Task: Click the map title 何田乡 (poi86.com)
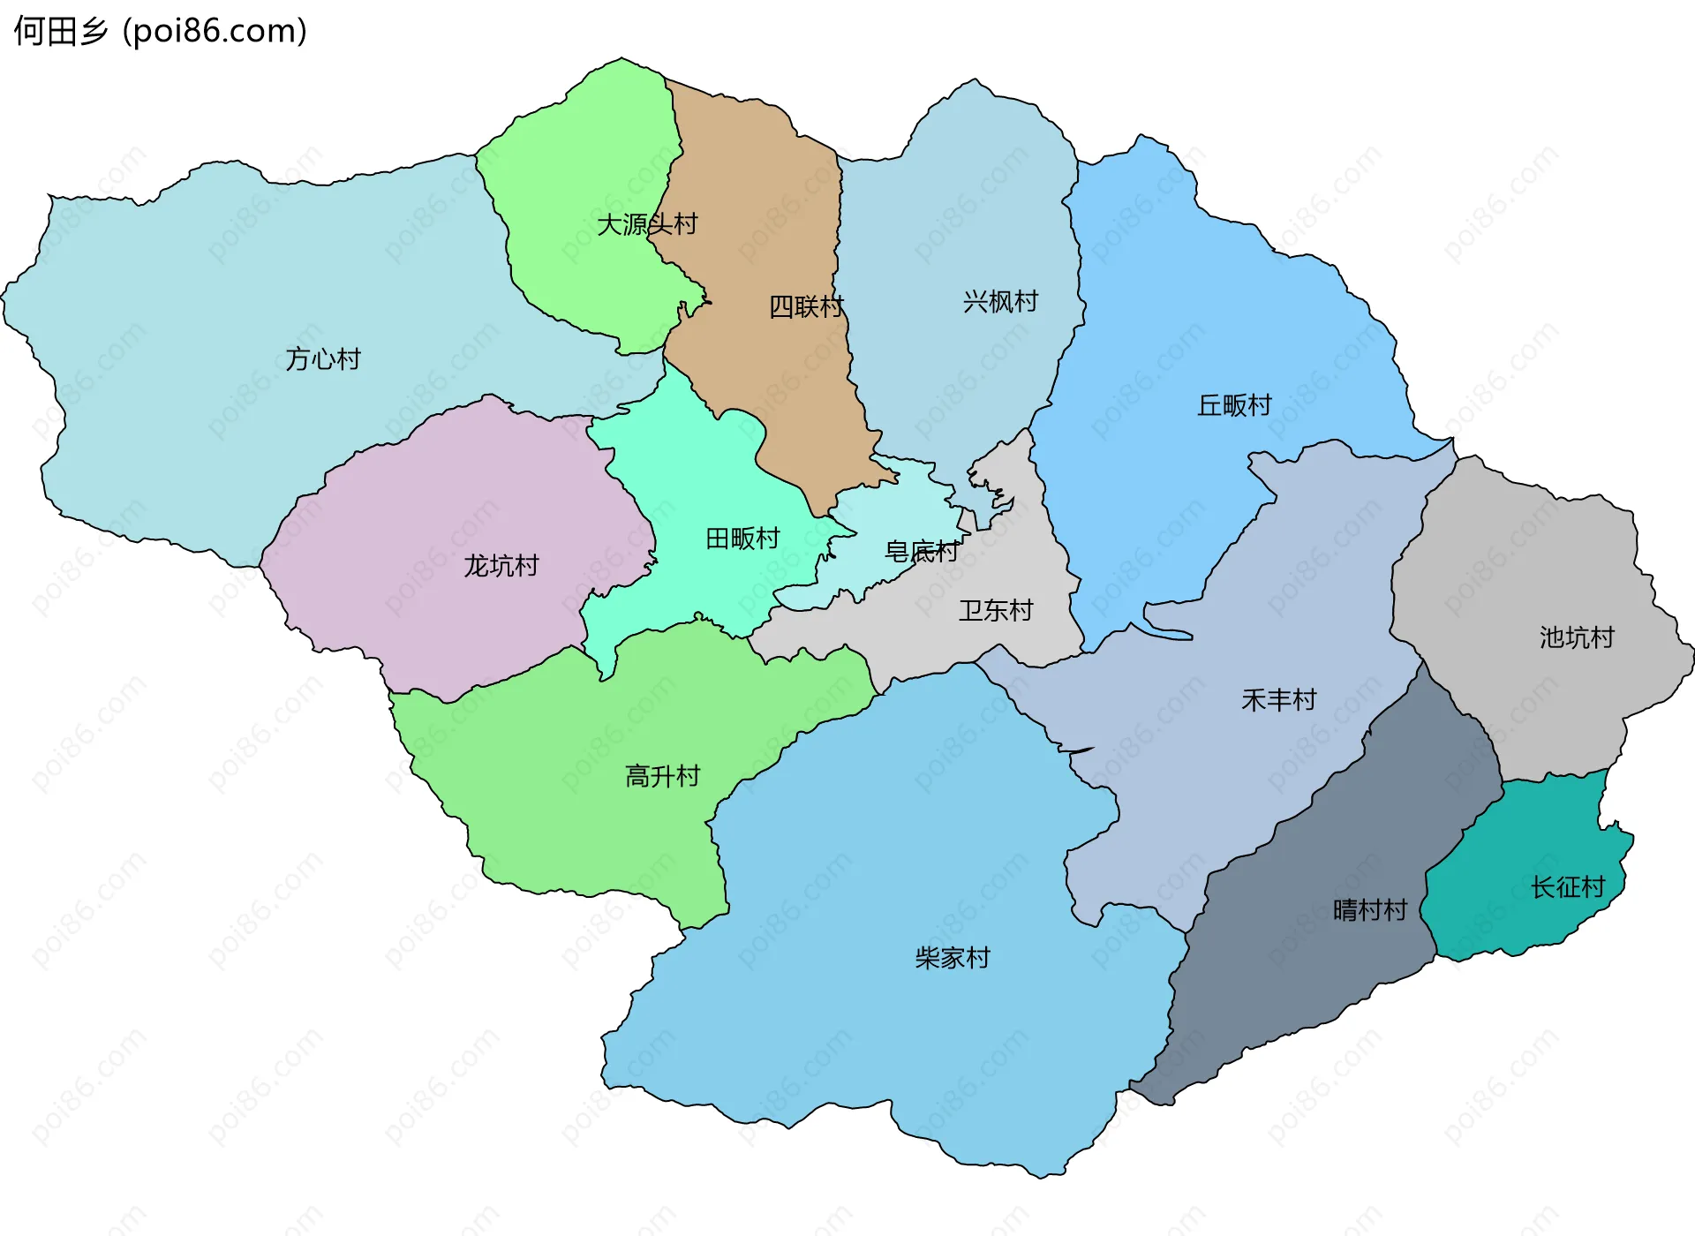160,31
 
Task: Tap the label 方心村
322,359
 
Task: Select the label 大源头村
647,224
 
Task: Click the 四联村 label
806,307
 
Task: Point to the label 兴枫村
1000,302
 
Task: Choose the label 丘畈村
1234,405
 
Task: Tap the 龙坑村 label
501,566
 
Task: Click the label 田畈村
742,539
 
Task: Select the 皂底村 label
922,553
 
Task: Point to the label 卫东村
996,610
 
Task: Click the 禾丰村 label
1278,700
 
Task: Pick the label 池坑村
1577,637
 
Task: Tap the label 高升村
662,776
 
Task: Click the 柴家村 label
953,958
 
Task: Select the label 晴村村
1370,910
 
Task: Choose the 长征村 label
1568,887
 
